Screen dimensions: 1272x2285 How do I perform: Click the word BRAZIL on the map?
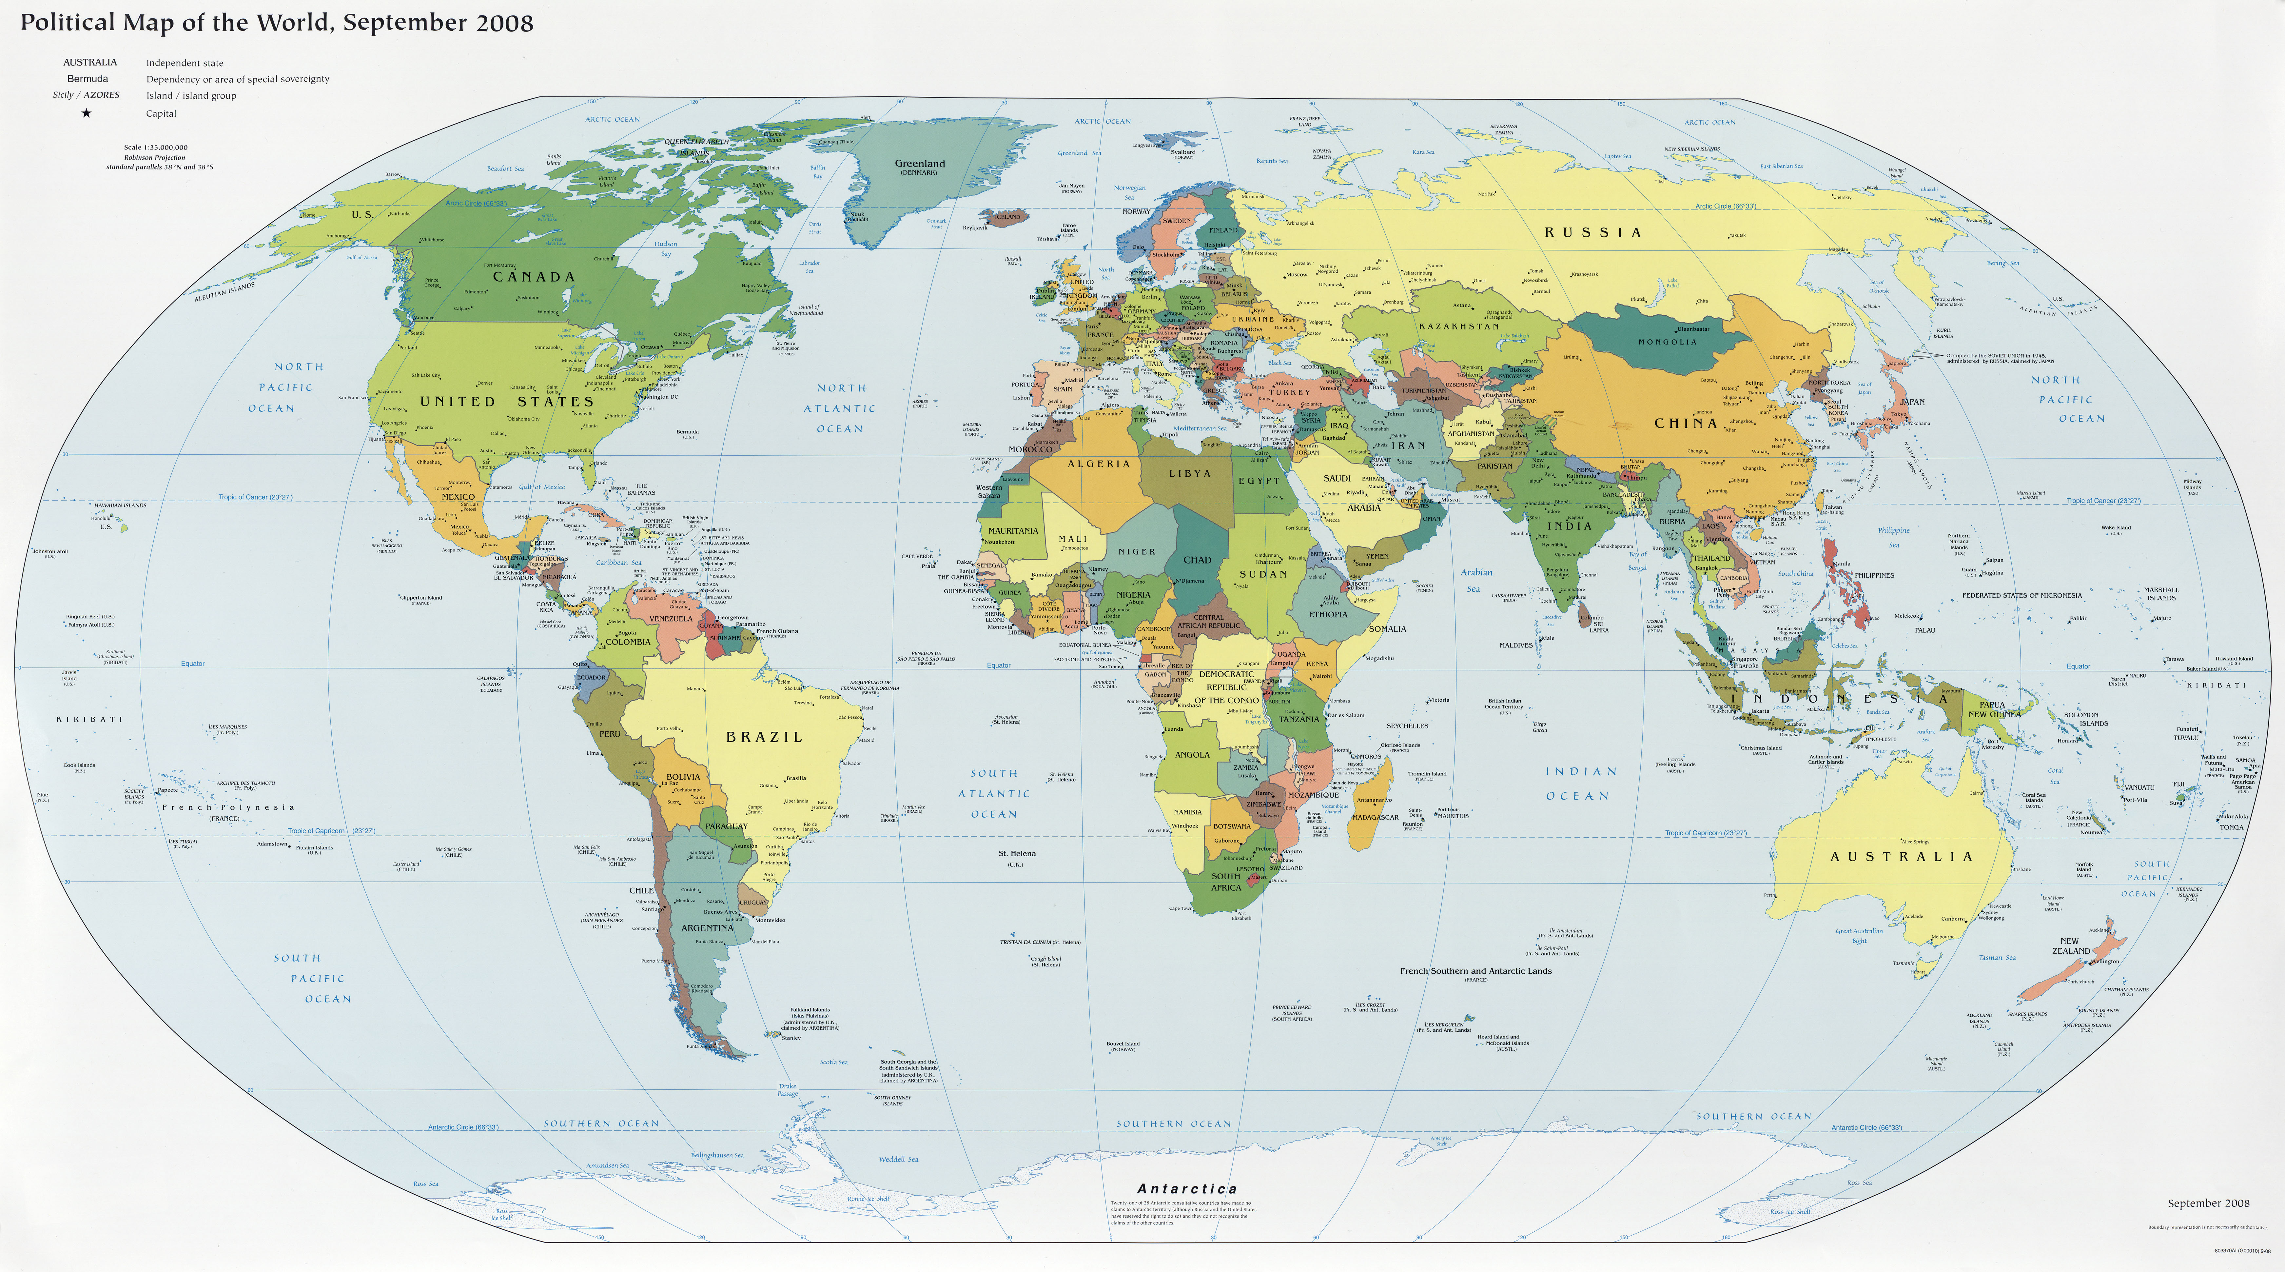coord(764,737)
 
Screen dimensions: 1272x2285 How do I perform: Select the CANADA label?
coord(534,277)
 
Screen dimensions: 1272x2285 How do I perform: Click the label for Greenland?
coord(920,164)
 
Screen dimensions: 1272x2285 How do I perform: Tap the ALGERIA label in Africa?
coord(1099,464)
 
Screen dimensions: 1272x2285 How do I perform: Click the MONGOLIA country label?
coord(1667,342)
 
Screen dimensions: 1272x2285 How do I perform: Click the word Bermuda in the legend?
coord(88,79)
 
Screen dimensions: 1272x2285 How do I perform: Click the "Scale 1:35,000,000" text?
coord(156,147)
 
